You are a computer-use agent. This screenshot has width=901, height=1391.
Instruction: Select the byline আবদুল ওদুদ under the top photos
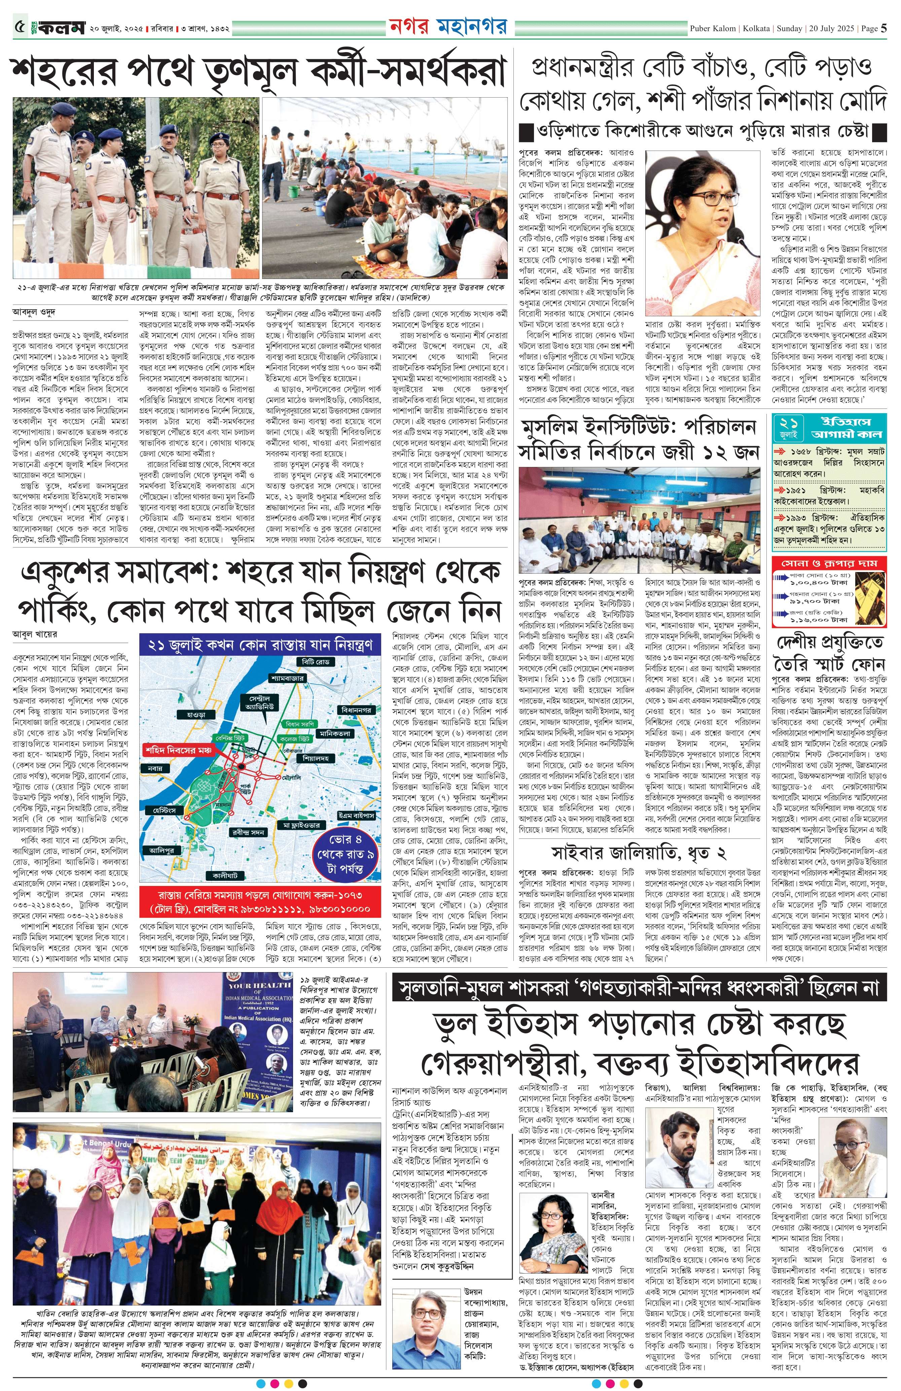click(34, 312)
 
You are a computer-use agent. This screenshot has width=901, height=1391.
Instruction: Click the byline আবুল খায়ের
click(35, 634)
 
